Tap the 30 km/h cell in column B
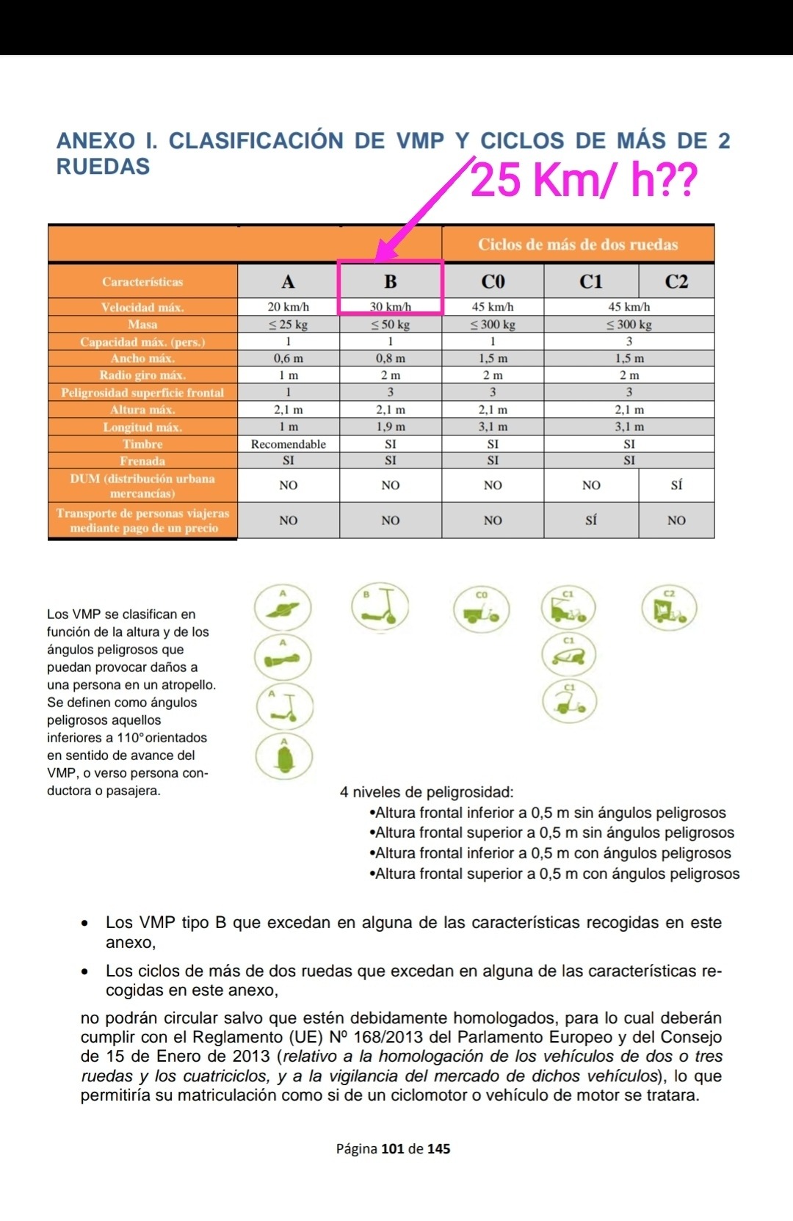click(390, 307)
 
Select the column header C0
click(493, 282)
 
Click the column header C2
click(676, 282)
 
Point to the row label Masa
click(142, 325)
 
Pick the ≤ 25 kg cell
click(288, 325)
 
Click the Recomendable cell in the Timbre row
click(288, 444)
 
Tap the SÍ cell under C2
click(676, 485)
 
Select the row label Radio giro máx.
click(142, 375)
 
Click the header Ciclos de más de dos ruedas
click(578, 244)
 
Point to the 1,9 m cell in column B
click(390, 427)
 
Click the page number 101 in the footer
click(393, 1149)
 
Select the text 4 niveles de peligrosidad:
click(427, 792)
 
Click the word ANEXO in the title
click(96, 141)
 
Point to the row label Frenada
click(142, 461)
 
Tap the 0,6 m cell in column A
click(288, 358)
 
